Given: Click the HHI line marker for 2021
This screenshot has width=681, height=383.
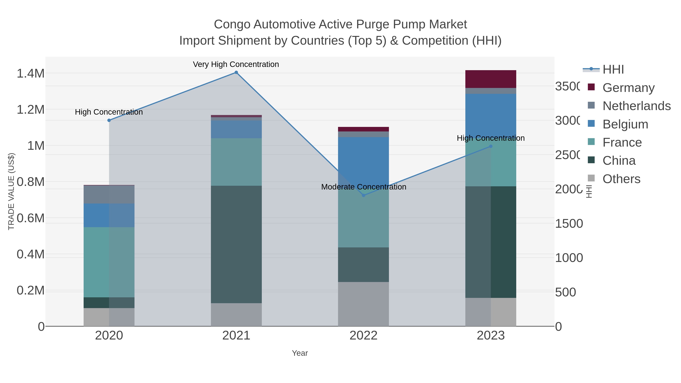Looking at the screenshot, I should point(236,72).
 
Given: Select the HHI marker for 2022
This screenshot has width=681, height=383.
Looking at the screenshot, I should point(364,195).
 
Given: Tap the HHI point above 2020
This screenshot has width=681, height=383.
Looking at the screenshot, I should point(109,120).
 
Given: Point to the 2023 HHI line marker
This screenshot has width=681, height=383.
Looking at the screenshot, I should point(491,146).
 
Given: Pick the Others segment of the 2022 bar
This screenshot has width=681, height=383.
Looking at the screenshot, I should point(364,304).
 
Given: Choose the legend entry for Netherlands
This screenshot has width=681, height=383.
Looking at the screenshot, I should point(637,106).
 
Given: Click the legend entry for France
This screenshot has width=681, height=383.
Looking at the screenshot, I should point(622,142).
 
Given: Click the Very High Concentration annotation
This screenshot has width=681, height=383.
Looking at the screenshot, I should point(236,64).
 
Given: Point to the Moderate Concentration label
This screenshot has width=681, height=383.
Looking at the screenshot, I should point(364,187).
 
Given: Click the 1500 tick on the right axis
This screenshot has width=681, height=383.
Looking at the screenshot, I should point(569,224).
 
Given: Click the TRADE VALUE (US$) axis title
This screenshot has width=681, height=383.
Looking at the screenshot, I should point(11,191).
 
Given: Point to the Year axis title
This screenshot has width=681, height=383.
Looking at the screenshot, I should point(300,353).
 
